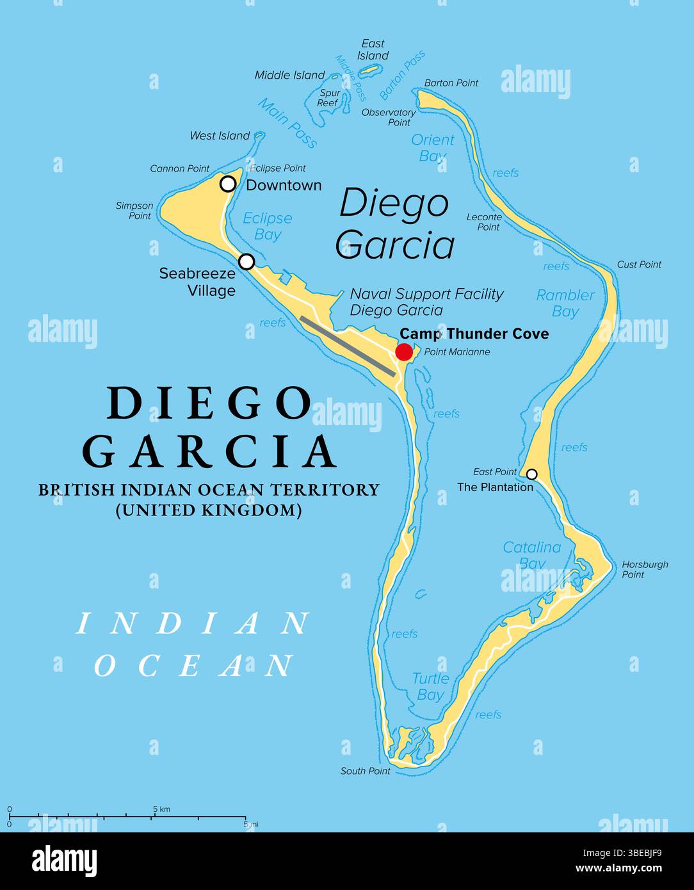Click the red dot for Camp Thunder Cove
coord(404,352)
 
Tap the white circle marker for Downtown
coord(228,184)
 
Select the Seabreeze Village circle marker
coord(246,261)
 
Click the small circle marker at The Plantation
coord(531,474)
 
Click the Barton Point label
coord(451,83)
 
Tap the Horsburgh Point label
coord(644,569)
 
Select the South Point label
coord(365,771)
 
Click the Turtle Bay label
coord(430,686)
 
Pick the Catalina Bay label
coord(531,555)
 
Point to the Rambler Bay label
coord(565,303)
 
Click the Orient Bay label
coord(432,147)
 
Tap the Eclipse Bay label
coord(267,226)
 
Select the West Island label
coord(220,136)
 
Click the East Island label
coord(373,49)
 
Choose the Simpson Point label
coord(134,211)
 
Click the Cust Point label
coord(639,264)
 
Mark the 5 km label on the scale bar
coord(161,809)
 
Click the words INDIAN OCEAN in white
coord(192,644)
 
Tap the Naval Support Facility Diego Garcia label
coord(426,302)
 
